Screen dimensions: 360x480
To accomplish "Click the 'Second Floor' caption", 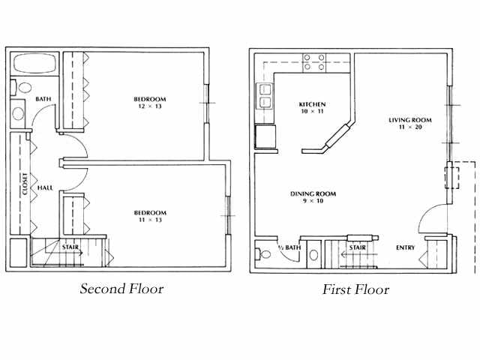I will tap(121, 289).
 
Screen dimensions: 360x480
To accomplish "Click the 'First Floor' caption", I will tap(355, 289).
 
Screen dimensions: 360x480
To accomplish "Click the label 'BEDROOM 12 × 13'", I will tap(150, 103).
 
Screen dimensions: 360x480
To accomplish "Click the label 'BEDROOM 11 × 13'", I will tap(150, 216).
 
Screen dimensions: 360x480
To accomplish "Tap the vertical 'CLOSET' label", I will tap(25, 184).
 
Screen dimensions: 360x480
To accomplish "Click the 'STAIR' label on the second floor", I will tap(71, 247).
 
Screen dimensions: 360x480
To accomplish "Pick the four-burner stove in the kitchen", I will tap(315, 62).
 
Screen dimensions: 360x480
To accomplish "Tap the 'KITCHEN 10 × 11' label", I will tap(312, 107).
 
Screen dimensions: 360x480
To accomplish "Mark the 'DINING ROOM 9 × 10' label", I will tap(313, 198).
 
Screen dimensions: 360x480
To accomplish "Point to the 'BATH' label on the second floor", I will tap(43, 99).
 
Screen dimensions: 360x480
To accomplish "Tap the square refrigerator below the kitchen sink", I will tap(265, 137).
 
